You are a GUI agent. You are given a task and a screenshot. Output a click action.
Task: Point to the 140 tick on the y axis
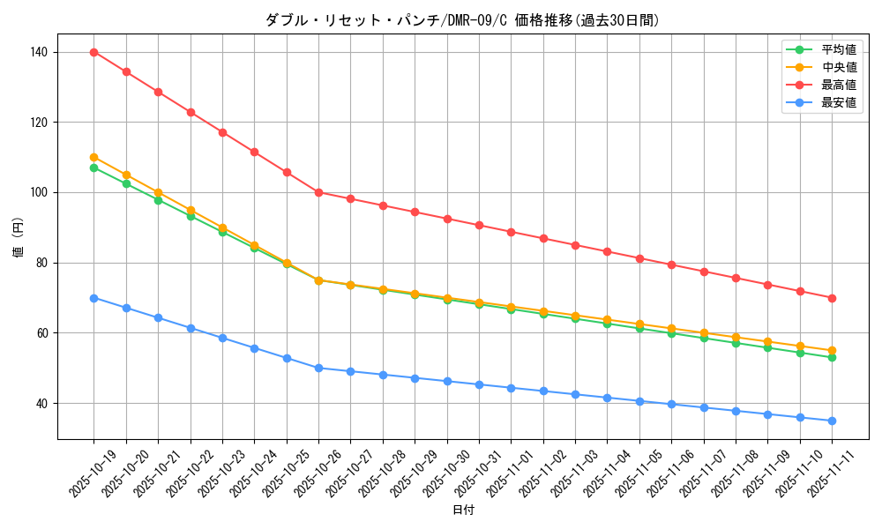pyautogui.click(x=41, y=52)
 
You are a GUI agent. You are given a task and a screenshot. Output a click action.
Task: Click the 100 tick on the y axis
pyautogui.click(x=41, y=192)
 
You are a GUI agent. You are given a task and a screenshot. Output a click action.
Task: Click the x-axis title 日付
pyautogui.click(x=463, y=510)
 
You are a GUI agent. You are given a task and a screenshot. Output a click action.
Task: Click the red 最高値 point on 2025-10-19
pyautogui.click(x=93, y=52)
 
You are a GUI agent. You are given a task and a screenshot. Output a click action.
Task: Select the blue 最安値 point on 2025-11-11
pyautogui.click(x=832, y=421)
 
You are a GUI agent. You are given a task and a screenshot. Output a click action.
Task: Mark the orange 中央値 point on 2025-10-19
pyautogui.click(x=93, y=157)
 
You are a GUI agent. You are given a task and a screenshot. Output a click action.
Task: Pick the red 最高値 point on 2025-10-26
pyautogui.click(x=318, y=192)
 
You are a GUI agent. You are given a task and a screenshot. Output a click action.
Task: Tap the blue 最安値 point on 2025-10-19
pyautogui.click(x=93, y=298)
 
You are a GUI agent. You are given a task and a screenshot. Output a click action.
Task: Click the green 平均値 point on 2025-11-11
pyautogui.click(x=832, y=357)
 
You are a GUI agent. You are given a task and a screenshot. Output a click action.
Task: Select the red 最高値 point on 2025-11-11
pyautogui.click(x=832, y=298)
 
